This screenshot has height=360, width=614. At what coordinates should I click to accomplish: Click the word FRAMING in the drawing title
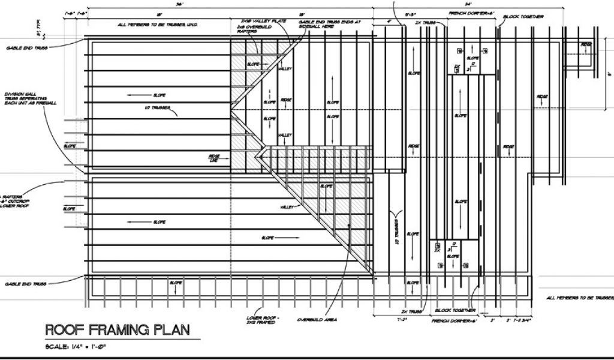(123, 329)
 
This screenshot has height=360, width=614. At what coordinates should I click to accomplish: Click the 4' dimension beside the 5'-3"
(389, 22)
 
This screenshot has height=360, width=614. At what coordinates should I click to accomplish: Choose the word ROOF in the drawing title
(65, 329)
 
